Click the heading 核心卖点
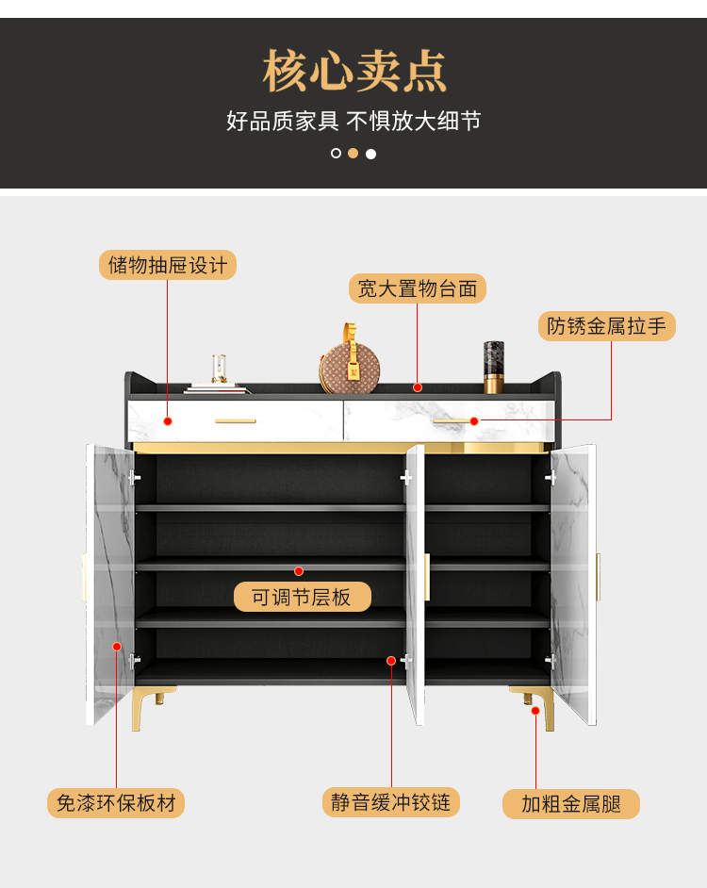[353, 72]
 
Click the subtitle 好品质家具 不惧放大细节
[353, 122]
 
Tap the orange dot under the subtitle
[353, 154]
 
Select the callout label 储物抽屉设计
[168, 265]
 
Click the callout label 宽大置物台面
[418, 288]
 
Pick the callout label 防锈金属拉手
[607, 326]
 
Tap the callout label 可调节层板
[302, 597]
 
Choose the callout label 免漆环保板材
[116, 803]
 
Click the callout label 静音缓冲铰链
[391, 802]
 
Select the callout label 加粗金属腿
[571, 804]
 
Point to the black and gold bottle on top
[494, 367]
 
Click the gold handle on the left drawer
[236, 421]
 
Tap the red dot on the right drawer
[474, 421]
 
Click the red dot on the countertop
[417, 386]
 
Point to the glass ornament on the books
[219, 369]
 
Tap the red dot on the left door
[117, 647]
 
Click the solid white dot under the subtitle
[371, 154]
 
